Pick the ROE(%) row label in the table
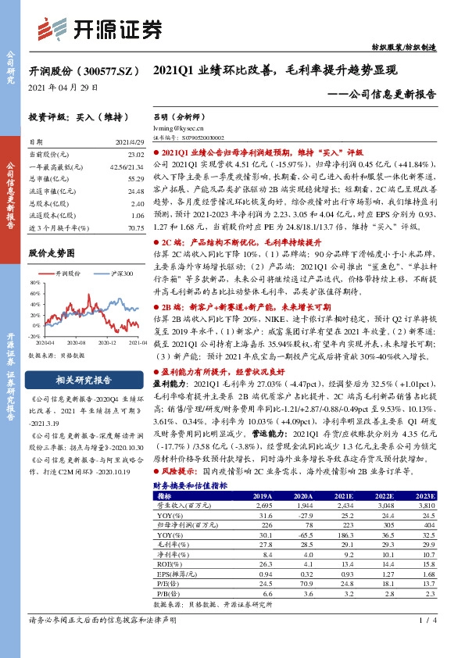click(x=168, y=562)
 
